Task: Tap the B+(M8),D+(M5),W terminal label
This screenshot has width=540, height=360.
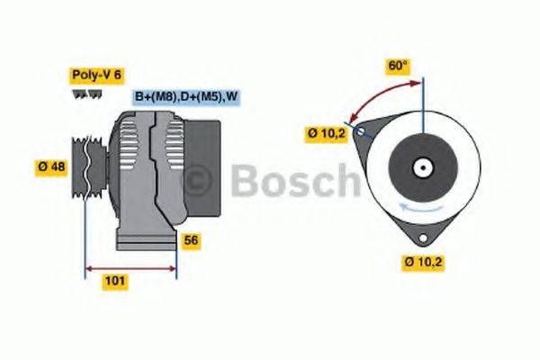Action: (x=187, y=96)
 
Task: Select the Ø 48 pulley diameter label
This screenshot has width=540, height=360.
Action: (x=52, y=166)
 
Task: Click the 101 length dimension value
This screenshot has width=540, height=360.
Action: (x=115, y=281)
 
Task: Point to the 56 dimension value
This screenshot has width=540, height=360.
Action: (x=191, y=240)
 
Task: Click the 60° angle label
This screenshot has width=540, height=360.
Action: (x=397, y=66)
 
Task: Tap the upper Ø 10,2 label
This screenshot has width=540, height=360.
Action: (x=326, y=134)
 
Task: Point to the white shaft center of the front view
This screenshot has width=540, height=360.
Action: (x=420, y=167)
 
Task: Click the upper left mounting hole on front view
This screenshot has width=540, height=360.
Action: (x=361, y=133)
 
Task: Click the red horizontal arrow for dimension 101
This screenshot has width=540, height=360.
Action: (x=130, y=267)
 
